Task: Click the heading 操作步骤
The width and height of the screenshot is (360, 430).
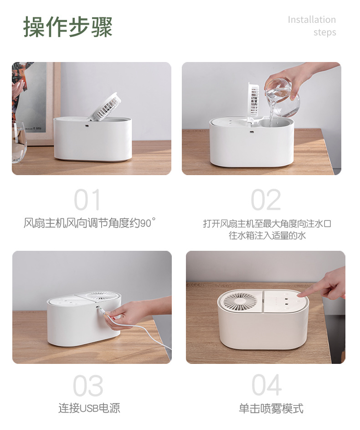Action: coord(68,26)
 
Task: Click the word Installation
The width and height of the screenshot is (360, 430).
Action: coord(312,20)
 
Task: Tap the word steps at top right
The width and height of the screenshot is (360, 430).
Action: coord(324,32)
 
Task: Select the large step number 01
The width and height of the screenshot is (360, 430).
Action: coord(87,200)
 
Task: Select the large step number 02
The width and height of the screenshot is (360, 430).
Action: coord(266,200)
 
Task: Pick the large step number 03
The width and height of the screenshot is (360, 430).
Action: coord(88,386)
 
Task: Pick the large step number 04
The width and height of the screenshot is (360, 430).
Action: coord(266,385)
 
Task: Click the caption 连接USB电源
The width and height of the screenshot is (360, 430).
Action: coord(89,408)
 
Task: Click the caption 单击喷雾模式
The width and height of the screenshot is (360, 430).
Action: coord(271,408)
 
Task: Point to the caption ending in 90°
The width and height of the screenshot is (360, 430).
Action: coord(90,223)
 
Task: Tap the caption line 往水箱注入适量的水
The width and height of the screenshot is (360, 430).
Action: coord(267,235)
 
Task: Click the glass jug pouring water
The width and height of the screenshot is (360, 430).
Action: coord(282,97)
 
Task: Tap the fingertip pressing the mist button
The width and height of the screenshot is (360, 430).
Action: coord(300,294)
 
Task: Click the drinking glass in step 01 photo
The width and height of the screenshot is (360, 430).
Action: coord(19,142)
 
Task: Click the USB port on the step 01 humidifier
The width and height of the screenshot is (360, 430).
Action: coord(87,126)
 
